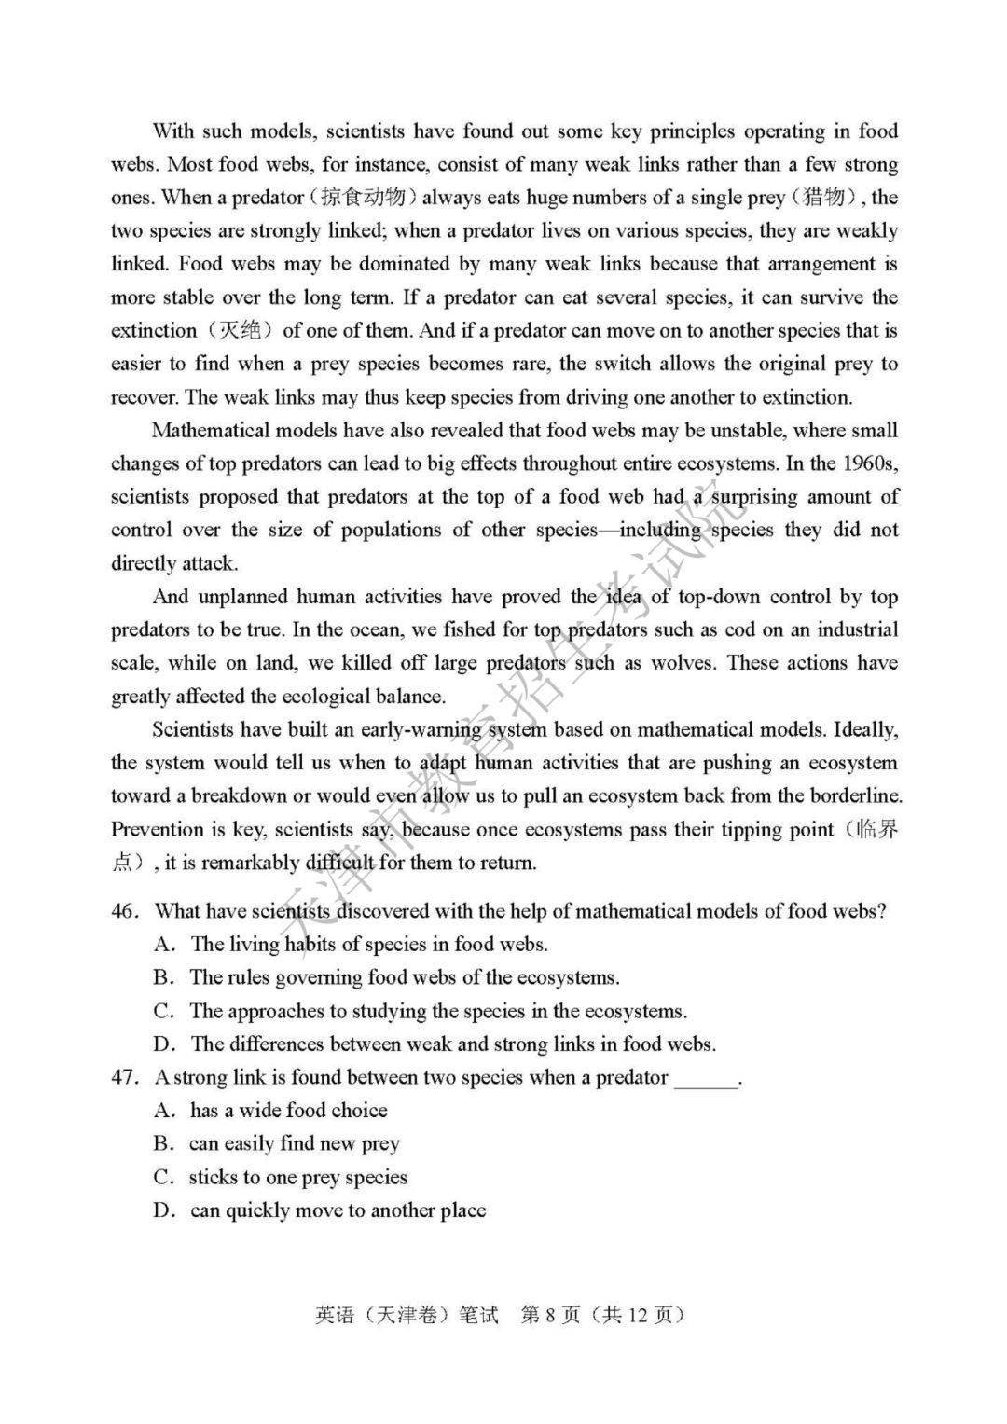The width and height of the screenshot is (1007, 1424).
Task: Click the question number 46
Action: coord(124,911)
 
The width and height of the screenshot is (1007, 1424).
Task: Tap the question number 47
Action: coord(124,1077)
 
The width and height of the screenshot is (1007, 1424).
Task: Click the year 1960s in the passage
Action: coord(869,463)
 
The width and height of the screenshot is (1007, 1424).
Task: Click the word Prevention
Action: coord(157,829)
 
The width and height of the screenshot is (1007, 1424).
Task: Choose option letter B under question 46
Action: coord(163,977)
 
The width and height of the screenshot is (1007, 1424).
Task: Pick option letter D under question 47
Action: coord(163,1210)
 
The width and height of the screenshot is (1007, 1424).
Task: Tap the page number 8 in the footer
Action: coord(550,1315)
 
